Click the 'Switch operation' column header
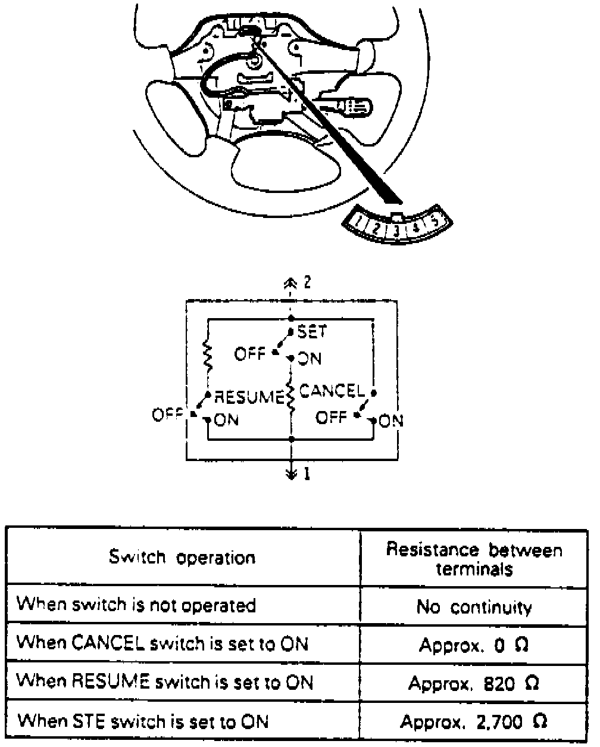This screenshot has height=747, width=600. [x=182, y=557]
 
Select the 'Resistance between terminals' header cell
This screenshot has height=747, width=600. [x=474, y=558]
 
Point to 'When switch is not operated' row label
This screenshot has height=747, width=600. [x=136, y=605]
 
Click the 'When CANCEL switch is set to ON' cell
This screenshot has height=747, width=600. [x=162, y=643]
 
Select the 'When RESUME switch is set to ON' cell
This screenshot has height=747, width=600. [x=164, y=681]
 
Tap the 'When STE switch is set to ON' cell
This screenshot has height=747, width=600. [x=143, y=721]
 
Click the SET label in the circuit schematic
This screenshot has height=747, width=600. [x=312, y=331]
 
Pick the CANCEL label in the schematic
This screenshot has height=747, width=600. [x=331, y=391]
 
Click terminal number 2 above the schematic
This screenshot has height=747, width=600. [x=307, y=282]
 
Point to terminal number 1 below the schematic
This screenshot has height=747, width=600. [x=307, y=475]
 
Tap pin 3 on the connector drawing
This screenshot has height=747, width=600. [x=396, y=229]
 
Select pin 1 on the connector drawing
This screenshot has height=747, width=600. [x=361, y=224]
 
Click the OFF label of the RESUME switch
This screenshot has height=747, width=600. [x=167, y=415]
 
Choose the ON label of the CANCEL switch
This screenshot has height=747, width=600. [x=391, y=421]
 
